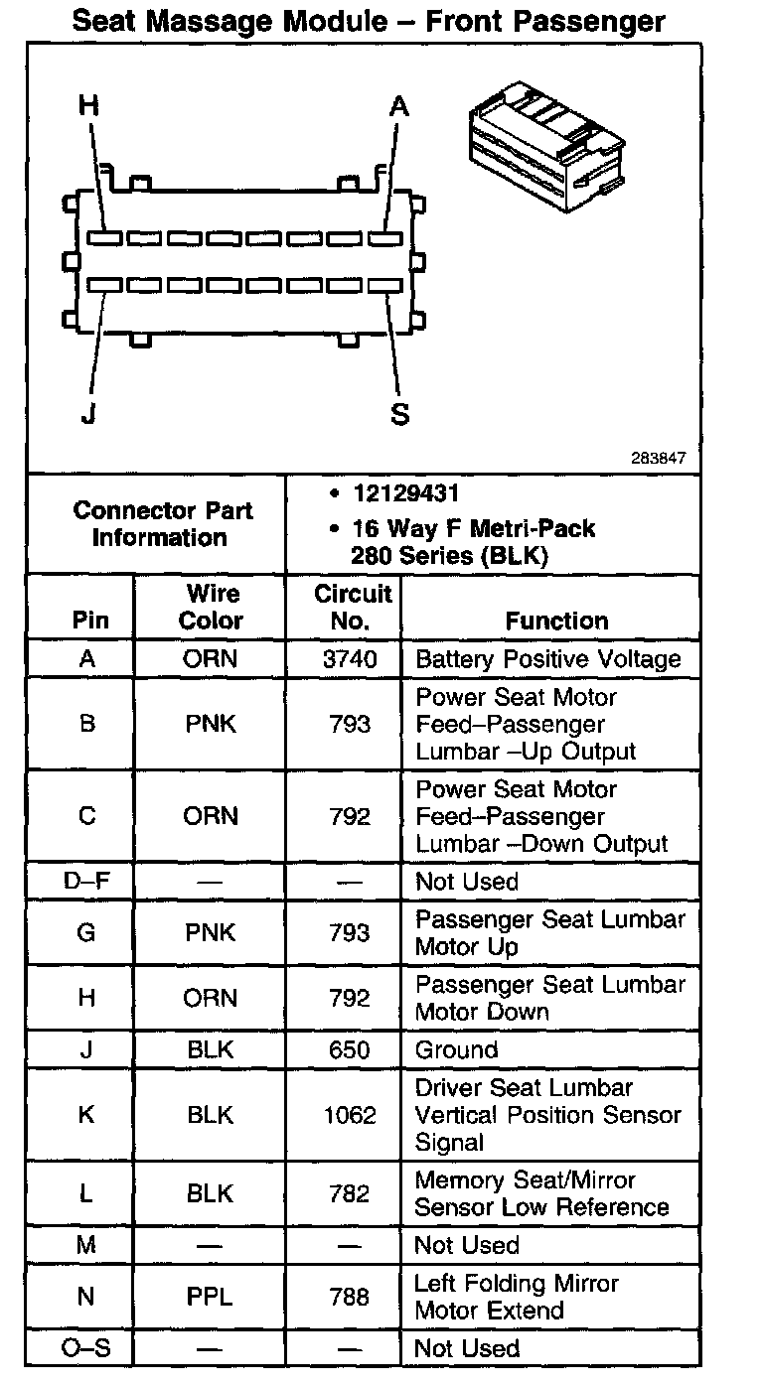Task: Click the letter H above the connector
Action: [89, 106]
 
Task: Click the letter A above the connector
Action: [399, 106]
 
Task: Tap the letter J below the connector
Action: [88, 414]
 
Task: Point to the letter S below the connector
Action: [400, 414]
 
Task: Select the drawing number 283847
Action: [658, 460]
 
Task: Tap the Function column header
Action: [556, 621]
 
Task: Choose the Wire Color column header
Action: [211, 607]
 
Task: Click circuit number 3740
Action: [349, 659]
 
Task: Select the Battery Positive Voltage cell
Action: [547, 659]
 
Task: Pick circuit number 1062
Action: [350, 1115]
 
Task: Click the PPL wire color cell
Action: [210, 1297]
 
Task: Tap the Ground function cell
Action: [456, 1049]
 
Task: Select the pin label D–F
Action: [86, 882]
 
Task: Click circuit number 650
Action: [349, 1049]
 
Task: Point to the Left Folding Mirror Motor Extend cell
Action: [516, 1297]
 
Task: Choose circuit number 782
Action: [349, 1193]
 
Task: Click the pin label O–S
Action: [86, 1348]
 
